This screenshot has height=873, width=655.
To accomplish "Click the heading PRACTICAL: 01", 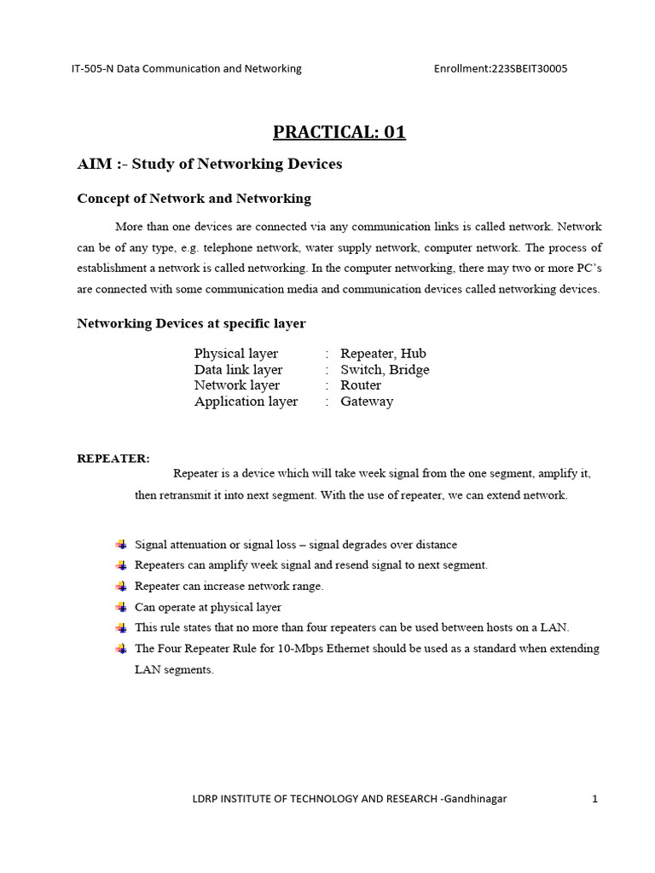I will [339, 132].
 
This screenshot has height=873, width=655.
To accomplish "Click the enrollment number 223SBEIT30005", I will [529, 68].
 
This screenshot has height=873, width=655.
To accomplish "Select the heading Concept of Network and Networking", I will [194, 199].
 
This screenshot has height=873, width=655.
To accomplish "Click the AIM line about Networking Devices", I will [209, 164].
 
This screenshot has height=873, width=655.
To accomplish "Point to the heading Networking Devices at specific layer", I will [191, 324].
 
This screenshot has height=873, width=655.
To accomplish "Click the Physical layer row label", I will [236, 354].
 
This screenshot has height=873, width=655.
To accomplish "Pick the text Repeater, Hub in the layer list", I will [383, 354].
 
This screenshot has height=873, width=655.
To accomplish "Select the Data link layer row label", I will [238, 370].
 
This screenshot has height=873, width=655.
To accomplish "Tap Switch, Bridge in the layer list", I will [385, 370].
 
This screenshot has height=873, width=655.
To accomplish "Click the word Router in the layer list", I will [361, 385].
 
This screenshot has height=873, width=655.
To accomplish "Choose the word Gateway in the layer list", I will [367, 402].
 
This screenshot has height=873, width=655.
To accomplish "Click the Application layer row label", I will [246, 402].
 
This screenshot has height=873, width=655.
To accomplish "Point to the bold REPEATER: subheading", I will [113, 459].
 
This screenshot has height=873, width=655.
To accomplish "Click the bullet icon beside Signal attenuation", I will [120, 545].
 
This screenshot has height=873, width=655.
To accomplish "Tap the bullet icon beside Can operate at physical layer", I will [120, 607].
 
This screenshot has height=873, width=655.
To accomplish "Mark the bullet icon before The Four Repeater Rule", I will [120, 649].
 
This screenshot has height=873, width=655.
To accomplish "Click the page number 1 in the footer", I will [594, 799].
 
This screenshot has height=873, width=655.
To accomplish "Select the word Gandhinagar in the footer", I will [475, 799].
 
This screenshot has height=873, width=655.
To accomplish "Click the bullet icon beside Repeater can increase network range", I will [120, 587].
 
